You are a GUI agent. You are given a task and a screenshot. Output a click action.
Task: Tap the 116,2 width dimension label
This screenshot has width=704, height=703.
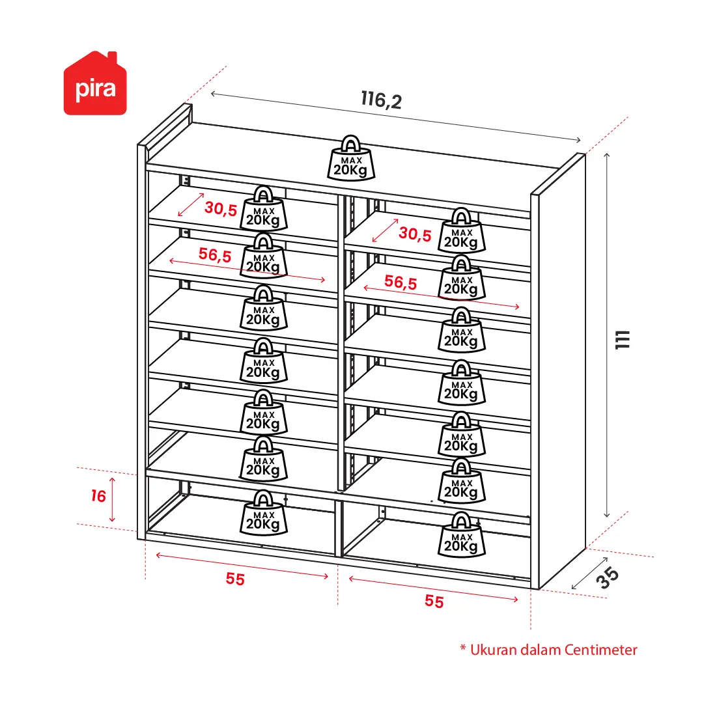click(381, 100)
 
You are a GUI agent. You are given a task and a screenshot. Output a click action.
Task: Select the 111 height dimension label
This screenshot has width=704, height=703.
click(623, 340)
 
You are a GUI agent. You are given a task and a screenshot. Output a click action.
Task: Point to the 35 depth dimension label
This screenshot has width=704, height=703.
click(608, 577)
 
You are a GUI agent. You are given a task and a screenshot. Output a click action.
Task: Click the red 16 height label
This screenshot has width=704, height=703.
click(98, 496)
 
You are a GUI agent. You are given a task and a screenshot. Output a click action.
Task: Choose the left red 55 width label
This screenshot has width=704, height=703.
click(235, 579)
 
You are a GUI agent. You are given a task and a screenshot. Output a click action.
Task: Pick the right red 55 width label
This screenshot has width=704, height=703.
click(434, 601)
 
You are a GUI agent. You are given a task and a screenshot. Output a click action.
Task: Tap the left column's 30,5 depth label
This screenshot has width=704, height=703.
click(221, 208)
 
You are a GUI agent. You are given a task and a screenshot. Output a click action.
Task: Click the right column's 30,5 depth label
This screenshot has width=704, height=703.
click(415, 234)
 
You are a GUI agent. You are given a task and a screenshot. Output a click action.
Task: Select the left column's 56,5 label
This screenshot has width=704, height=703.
click(215, 255)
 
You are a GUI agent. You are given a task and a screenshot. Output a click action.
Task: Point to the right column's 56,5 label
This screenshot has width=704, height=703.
click(401, 283)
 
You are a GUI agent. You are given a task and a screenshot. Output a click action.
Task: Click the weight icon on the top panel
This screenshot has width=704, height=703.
click(351, 158)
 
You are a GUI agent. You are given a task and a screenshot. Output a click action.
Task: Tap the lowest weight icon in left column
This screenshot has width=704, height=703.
click(264, 513)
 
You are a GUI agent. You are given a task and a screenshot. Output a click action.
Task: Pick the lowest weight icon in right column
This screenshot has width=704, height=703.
click(462, 535)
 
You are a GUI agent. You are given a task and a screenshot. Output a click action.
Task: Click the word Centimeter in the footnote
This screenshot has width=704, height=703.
click(600, 650)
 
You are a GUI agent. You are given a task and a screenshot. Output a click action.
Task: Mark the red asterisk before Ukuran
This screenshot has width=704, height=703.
click(463, 648)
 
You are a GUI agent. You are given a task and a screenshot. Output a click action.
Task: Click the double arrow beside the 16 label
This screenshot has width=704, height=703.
click(112, 499)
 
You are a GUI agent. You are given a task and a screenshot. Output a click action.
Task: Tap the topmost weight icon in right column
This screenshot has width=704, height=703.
click(462, 230)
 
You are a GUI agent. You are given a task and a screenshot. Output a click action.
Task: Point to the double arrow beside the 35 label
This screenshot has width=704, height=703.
click(589, 573)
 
